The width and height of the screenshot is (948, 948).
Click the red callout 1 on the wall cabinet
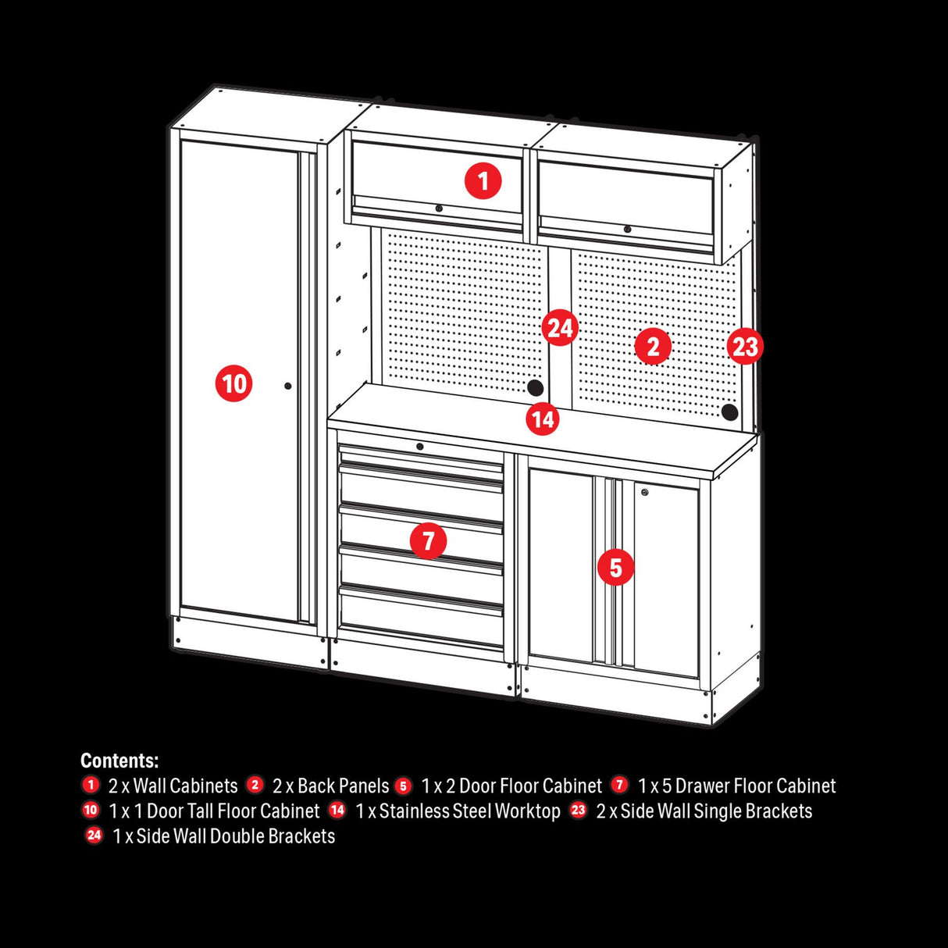tap(483, 181)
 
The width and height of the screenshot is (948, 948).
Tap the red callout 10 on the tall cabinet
tap(233, 383)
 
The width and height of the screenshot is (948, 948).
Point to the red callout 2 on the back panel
tap(653, 346)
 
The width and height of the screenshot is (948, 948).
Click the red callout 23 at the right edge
tap(745, 346)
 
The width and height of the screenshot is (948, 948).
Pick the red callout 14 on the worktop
tap(543, 419)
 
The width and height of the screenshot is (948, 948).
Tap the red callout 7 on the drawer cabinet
tap(428, 540)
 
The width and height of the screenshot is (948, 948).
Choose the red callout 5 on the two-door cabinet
tap(615, 568)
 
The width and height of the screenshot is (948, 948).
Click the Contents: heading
tap(119, 761)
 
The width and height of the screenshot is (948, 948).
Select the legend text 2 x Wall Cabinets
tap(173, 786)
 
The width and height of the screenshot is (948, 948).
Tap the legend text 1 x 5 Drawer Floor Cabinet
tap(736, 786)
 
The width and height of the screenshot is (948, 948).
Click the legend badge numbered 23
tap(578, 811)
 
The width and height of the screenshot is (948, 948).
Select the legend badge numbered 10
tap(91, 811)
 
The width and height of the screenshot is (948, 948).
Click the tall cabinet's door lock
tap(288, 386)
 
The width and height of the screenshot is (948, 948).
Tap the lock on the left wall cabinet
tap(439, 208)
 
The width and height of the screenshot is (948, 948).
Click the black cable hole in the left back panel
tap(535, 387)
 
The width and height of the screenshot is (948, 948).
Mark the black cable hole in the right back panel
tap(730, 412)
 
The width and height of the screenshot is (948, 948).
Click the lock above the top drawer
tap(420, 447)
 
